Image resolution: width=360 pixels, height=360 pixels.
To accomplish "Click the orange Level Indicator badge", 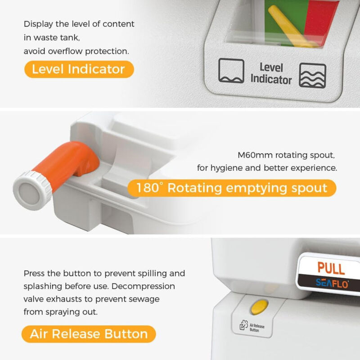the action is click(x=79, y=69).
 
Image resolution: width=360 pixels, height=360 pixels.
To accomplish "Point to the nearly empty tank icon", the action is click(x=231, y=71).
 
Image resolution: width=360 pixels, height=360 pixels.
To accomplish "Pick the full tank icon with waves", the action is click(x=312, y=76).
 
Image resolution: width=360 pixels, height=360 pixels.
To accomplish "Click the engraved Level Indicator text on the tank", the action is click(x=271, y=73).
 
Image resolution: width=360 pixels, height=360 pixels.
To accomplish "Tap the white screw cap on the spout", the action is click(x=32, y=190).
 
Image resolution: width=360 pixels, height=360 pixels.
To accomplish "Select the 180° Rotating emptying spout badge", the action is click(x=232, y=188).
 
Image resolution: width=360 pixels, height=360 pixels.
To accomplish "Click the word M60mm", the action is click(x=255, y=155).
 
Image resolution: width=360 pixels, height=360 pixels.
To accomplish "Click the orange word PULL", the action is click(x=331, y=268).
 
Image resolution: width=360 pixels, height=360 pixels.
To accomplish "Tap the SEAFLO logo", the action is click(x=332, y=283).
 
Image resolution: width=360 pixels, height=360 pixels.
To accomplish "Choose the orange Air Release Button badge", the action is click(x=89, y=334).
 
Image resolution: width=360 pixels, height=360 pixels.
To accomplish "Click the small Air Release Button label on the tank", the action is click(x=256, y=328).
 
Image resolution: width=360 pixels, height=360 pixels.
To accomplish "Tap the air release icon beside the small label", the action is click(x=243, y=325).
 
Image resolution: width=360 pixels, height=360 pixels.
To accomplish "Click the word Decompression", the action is click(x=143, y=287).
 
